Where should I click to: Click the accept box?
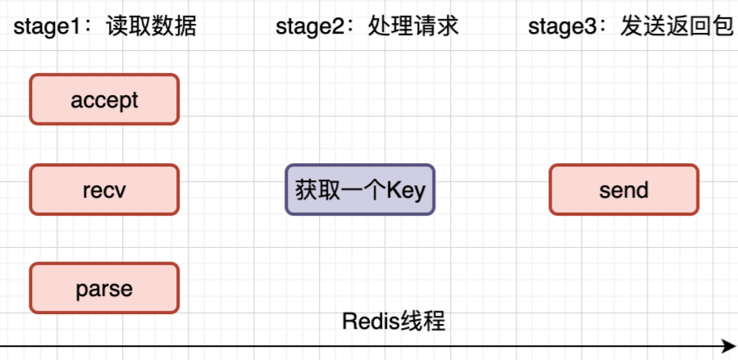(x=104, y=99)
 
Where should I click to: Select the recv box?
(x=104, y=189)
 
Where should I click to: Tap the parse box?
(x=104, y=288)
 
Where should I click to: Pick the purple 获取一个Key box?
(x=360, y=189)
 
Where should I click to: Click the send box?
(x=624, y=189)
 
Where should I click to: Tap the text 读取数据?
(x=151, y=27)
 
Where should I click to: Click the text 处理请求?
(x=413, y=27)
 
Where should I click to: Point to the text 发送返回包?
(x=676, y=27)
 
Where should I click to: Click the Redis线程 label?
(x=394, y=321)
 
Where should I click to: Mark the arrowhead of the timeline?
(x=728, y=346)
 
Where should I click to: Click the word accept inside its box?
(x=104, y=101)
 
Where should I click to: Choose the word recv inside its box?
(x=104, y=190)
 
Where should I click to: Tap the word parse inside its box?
(x=104, y=289)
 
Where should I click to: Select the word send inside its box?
(x=624, y=190)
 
